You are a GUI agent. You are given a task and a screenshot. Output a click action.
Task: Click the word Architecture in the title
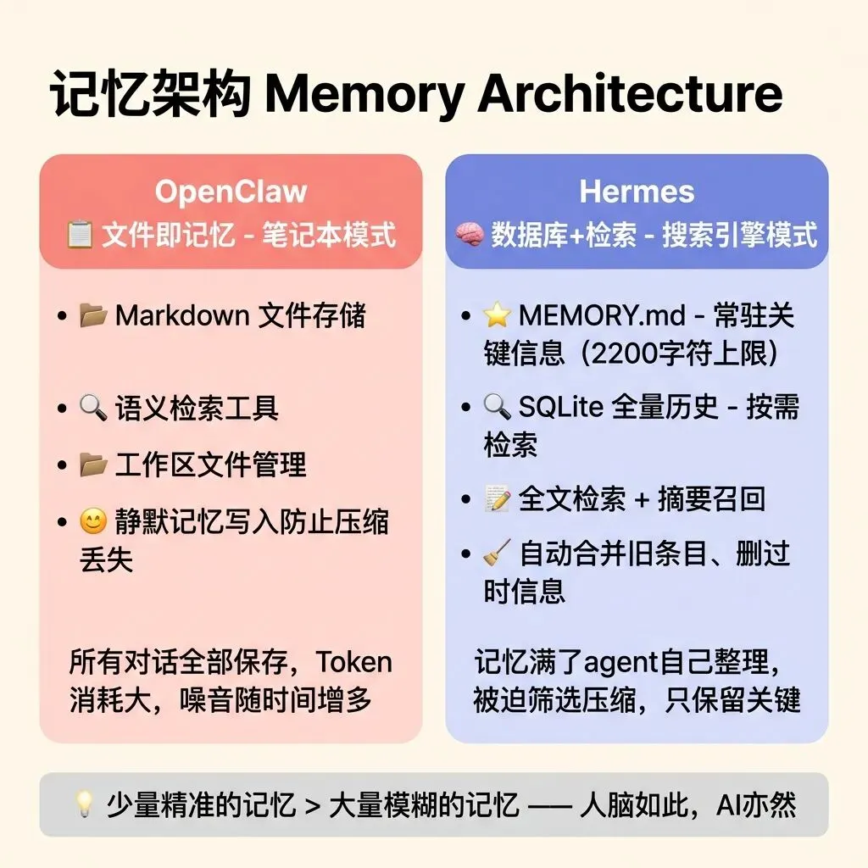coord(630,95)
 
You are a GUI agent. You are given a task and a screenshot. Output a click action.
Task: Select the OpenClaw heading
coord(231,192)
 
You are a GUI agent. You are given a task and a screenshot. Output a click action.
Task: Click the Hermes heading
coord(637,192)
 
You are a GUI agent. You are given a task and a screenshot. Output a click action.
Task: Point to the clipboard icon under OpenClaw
coord(80,235)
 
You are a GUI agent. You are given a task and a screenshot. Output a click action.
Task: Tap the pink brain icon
coord(469,235)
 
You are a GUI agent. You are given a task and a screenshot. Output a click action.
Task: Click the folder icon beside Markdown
coord(93,315)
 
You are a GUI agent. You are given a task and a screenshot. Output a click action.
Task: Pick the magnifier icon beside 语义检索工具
coord(93,409)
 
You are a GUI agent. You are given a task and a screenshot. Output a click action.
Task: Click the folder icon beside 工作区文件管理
coord(93,465)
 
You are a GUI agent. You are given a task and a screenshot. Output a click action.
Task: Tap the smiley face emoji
coord(93,520)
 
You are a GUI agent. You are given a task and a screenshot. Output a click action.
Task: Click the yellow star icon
coord(497,315)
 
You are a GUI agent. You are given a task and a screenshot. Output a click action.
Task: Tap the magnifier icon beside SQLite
coord(497,408)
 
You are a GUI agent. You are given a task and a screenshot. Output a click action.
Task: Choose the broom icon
coord(497,554)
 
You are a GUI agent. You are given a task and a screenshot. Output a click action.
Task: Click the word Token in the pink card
coord(354,662)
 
